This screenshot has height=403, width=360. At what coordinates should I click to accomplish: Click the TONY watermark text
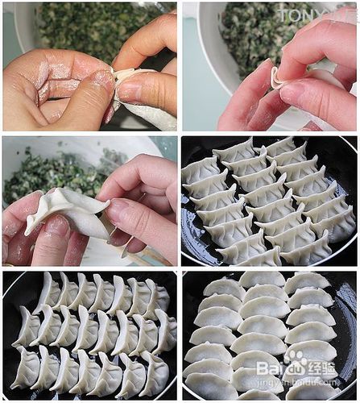click(x=307, y=14)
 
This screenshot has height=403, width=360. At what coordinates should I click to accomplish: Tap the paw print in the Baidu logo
click(x=296, y=359)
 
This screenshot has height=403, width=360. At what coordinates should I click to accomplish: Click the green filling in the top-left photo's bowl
click(x=89, y=28)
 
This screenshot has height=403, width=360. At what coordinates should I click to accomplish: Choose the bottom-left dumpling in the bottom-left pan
click(x=25, y=369)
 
